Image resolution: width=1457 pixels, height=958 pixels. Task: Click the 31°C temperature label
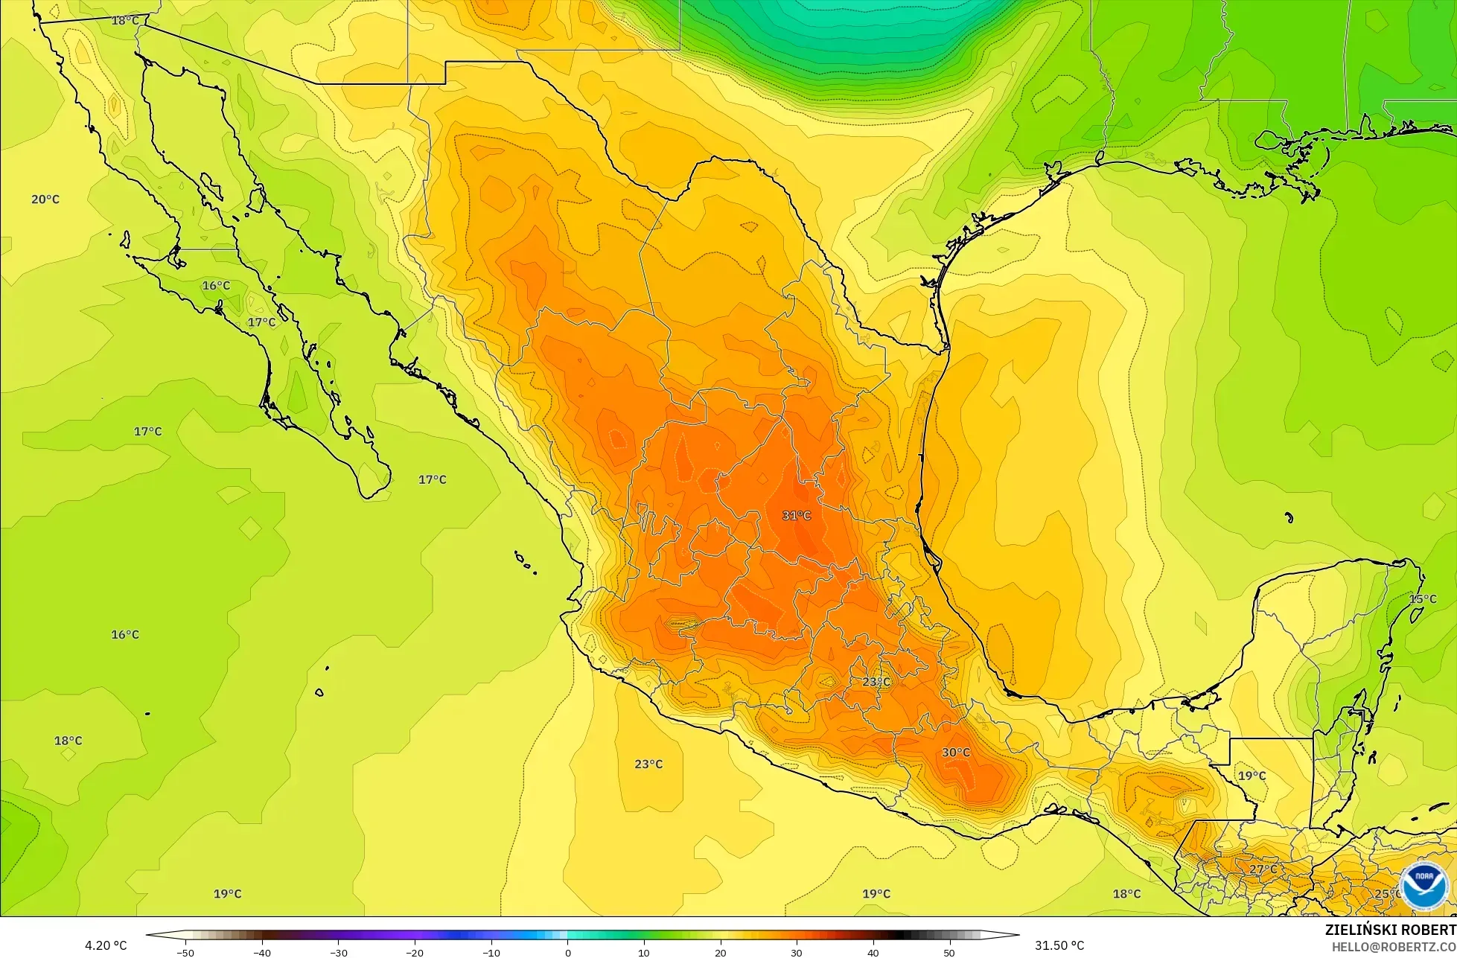coord(796,515)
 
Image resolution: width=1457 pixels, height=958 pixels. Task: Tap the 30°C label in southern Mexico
coord(955,753)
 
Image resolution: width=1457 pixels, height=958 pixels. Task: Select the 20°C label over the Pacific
coord(45,199)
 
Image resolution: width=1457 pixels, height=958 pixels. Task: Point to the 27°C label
coord(1263,869)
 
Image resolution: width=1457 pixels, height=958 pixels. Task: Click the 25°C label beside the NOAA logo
coord(1387,894)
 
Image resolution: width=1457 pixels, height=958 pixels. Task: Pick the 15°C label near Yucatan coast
coord(1422,599)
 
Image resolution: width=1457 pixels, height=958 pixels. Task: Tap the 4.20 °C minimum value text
coord(106,945)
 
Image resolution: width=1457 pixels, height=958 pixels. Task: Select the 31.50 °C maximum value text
coord(1059,945)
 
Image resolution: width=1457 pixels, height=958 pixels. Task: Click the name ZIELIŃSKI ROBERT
coord(1390,930)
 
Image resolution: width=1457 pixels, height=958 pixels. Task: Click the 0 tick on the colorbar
coord(567,952)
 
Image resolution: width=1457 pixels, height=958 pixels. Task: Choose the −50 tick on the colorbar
coord(185,952)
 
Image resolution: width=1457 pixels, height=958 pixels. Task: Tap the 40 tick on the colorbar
coord(873,952)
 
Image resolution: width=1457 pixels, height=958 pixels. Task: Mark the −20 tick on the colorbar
coord(414,952)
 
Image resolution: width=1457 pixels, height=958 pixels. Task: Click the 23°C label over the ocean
coord(648,764)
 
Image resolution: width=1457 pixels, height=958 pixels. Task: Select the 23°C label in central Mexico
coord(876,682)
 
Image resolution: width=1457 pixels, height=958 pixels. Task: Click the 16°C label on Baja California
coord(216,286)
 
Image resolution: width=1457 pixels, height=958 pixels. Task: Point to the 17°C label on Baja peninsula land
coord(261,322)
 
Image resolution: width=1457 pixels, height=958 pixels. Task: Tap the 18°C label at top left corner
coord(125,21)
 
